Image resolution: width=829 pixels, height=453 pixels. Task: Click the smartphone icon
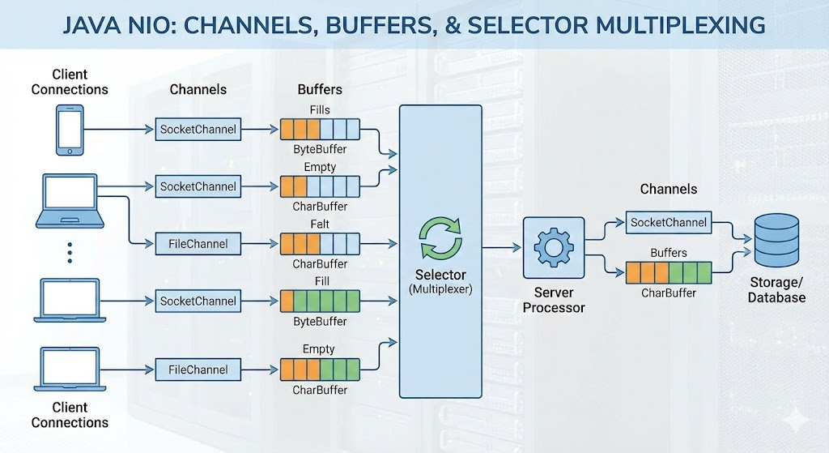click(70, 130)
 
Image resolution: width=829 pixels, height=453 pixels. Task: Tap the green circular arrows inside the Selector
click(440, 239)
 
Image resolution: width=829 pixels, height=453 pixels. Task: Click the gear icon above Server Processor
click(554, 247)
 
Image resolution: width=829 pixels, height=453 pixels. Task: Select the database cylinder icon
click(776, 240)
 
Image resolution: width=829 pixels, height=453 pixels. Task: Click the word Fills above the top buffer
click(320, 110)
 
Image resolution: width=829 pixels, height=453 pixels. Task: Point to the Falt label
click(320, 224)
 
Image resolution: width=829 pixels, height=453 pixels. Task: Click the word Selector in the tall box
click(440, 275)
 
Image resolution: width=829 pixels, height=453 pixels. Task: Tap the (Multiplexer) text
click(440, 289)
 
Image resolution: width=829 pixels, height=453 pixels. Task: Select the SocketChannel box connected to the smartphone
click(198, 129)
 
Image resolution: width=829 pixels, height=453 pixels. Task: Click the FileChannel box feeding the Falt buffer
click(198, 244)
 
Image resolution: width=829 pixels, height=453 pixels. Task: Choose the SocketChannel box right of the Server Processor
click(668, 222)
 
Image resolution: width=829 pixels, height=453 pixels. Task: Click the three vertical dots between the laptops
click(70, 252)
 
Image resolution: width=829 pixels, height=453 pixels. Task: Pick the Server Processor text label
click(554, 300)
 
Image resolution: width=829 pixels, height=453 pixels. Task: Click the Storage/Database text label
click(776, 290)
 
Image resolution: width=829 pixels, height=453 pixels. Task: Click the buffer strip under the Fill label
click(320, 301)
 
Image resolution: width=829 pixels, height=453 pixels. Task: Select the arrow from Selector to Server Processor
click(502, 247)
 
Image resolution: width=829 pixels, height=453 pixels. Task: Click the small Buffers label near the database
click(668, 253)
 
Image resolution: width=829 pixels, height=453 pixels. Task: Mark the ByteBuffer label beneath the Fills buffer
click(320, 149)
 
